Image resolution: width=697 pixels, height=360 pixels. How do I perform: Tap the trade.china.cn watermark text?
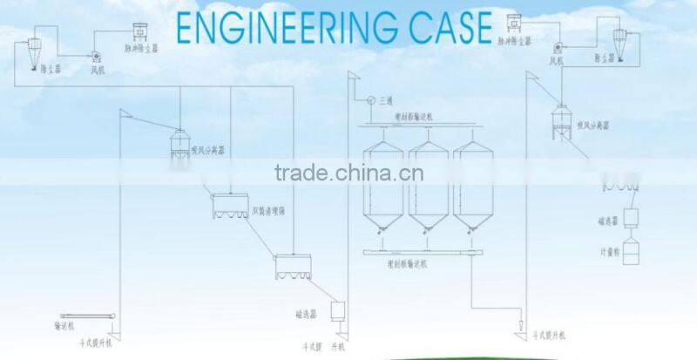tap(348, 173)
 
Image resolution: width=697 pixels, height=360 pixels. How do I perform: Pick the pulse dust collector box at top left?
tap(140, 30)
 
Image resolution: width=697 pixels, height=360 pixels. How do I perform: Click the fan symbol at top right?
tap(557, 49)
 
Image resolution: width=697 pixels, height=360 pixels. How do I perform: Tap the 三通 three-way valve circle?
tap(369, 98)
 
